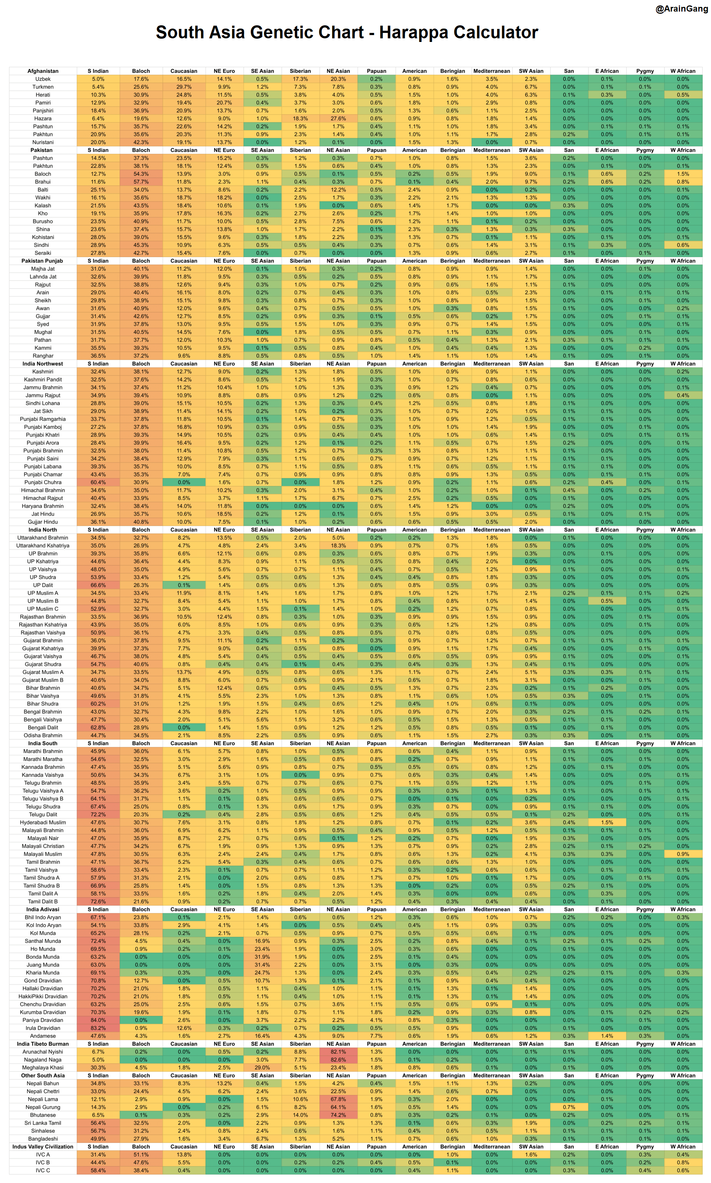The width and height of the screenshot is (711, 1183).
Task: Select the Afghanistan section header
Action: (x=43, y=71)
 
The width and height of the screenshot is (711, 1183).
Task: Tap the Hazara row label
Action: (x=43, y=118)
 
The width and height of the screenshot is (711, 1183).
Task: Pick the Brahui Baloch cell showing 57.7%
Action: (x=141, y=181)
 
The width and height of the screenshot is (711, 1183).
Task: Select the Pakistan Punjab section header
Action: (x=42, y=261)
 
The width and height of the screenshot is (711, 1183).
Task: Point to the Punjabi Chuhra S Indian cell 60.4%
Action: (x=98, y=482)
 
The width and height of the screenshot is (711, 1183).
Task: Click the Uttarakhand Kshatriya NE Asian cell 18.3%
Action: (x=338, y=546)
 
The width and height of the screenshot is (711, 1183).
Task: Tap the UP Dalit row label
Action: (x=43, y=585)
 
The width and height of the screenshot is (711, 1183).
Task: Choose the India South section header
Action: (x=43, y=743)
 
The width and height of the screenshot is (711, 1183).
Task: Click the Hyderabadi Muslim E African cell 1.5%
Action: (x=607, y=823)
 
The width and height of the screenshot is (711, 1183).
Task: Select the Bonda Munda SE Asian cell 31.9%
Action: (x=262, y=957)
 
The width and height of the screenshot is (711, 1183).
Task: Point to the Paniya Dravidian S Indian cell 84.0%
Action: (x=98, y=1020)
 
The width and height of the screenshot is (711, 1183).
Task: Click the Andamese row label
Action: (x=43, y=1036)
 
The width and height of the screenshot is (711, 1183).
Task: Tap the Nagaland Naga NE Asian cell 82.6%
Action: (x=338, y=1060)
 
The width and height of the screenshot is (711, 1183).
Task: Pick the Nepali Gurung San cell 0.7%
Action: (x=569, y=1107)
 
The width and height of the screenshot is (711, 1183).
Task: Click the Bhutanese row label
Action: (x=43, y=1115)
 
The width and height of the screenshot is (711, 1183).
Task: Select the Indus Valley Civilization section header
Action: (x=43, y=1146)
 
